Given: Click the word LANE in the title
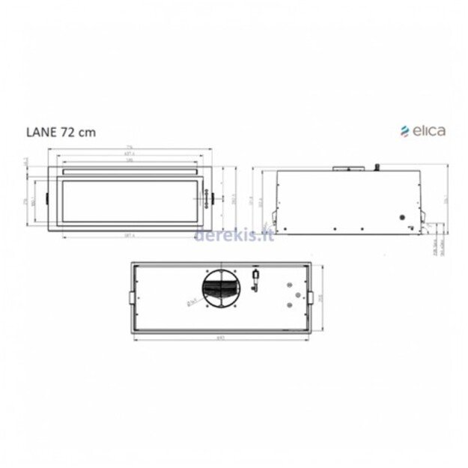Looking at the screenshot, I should [x=37, y=133].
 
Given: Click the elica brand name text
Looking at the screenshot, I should [x=429, y=130].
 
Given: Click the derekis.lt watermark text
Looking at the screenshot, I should [x=234, y=237].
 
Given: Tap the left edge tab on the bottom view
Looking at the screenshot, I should [x=133, y=298].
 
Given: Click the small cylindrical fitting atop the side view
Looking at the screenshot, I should [x=379, y=166].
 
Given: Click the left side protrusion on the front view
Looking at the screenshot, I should [x=47, y=200].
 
